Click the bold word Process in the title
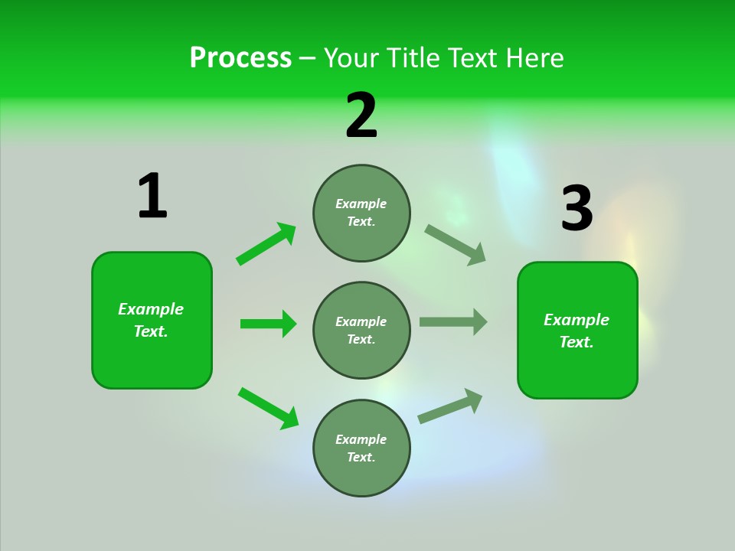[240, 57]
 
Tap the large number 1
[152, 196]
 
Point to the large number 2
[361, 116]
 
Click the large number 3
[577, 208]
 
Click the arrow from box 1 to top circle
[266, 244]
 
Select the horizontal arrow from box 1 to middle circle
[268, 324]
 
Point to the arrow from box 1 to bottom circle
[268, 408]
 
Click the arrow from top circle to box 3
[456, 245]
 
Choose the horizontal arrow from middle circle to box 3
[453, 321]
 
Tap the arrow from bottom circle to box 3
[450, 406]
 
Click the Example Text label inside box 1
[151, 320]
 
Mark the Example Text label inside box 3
[577, 331]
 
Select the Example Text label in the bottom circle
[361, 448]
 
